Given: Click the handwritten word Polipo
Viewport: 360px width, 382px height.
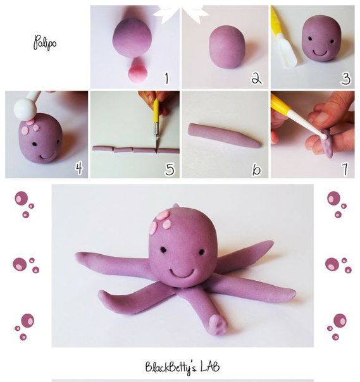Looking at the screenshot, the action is coord(45,43).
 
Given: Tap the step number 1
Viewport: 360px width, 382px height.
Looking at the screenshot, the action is coord(167,78).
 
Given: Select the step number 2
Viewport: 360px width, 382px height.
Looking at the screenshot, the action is coord(257,78).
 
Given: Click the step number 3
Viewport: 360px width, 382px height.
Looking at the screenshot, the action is coord(345,78).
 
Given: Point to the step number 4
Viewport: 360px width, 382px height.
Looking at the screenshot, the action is coord(79,168).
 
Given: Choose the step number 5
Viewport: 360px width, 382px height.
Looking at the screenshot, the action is coord(170,169).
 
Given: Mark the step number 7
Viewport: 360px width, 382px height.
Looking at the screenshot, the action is coord(345,169).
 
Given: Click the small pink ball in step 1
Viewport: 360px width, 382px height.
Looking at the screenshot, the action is coord(137,71).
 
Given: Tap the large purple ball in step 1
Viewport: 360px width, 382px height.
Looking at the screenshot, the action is coord(132,38).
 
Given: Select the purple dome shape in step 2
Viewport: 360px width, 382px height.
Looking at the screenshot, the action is coord(227,47).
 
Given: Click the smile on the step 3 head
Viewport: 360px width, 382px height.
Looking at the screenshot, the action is coord(320,52).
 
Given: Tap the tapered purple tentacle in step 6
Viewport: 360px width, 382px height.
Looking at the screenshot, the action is coord(225,136).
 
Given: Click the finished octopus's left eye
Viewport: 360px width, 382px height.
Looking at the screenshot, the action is coord(163,250).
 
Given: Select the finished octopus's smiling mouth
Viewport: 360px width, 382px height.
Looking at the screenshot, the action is coord(182,272).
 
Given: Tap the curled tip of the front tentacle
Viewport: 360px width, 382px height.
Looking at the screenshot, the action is coord(218,324).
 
